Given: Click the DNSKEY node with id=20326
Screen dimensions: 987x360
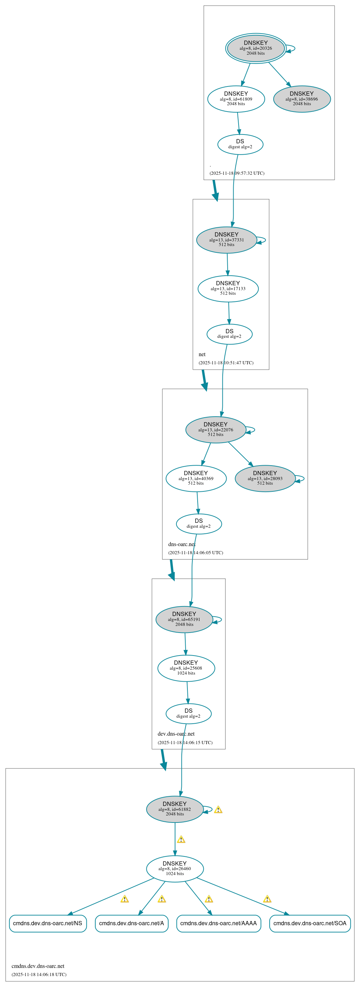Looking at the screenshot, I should click(x=256, y=48).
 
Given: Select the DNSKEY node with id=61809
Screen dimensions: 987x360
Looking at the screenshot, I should click(x=236, y=99).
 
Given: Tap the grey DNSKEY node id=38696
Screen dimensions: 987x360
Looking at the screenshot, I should click(x=302, y=99).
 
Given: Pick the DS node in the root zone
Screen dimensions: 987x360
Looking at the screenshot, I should click(x=240, y=144).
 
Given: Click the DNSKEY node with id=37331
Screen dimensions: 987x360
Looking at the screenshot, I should click(x=226, y=240).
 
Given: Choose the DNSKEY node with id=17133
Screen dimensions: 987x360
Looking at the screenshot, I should click(x=228, y=288).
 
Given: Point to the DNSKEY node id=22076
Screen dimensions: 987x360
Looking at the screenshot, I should click(x=216, y=430).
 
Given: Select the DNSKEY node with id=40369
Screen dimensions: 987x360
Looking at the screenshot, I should click(x=196, y=478).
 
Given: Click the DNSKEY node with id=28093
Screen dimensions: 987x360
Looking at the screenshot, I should click(x=265, y=478).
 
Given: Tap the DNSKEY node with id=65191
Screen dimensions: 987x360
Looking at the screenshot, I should click(x=184, y=619).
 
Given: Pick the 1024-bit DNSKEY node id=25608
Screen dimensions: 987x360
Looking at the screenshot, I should click(x=186, y=668).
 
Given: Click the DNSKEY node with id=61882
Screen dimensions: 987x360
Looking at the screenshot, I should click(x=175, y=809).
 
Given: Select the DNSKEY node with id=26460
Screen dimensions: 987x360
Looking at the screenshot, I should click(x=175, y=869).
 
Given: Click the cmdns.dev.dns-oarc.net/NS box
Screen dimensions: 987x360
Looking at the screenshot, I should click(x=48, y=923).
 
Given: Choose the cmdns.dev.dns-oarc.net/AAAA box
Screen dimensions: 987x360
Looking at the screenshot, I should click(x=218, y=923).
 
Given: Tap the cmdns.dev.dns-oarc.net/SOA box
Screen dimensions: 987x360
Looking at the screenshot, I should click(x=310, y=923).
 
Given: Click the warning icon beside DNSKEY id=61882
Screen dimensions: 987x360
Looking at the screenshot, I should click(x=218, y=809).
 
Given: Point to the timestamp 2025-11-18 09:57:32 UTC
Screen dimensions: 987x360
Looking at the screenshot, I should click(x=237, y=173).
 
